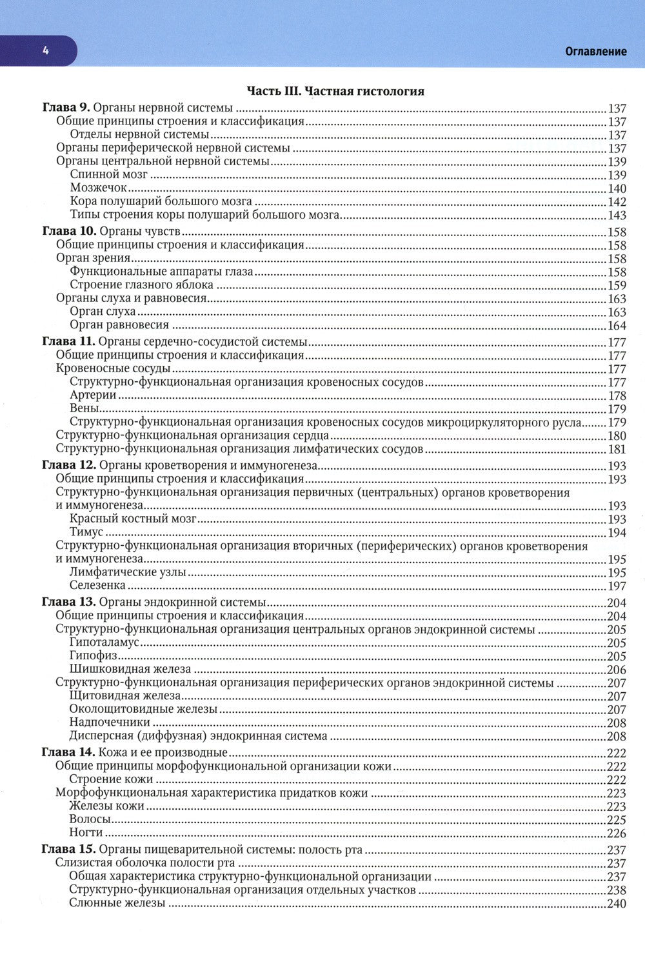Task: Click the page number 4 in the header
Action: (x=45, y=52)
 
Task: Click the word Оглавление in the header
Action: (x=595, y=52)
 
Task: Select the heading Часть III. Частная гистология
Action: (x=335, y=91)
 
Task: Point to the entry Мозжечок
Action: (x=98, y=188)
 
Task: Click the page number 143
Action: (x=617, y=215)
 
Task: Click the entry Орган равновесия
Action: (x=119, y=325)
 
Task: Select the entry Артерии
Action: (x=92, y=395)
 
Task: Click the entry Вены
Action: (x=84, y=408)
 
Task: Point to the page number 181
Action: (x=617, y=449)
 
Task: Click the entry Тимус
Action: (x=86, y=532)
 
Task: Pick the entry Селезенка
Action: (x=97, y=586)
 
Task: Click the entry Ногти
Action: (x=86, y=833)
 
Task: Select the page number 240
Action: (x=617, y=904)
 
